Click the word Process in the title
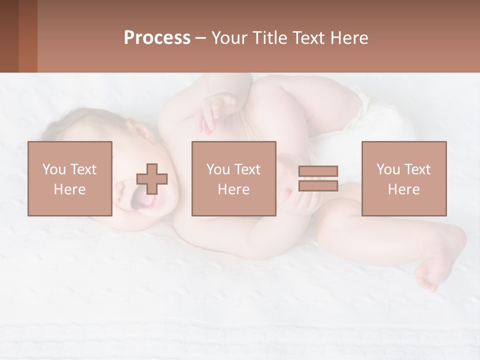tap(157, 37)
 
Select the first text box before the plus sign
tap(70, 178)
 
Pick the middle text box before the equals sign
tap(233, 178)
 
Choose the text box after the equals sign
tap(403, 178)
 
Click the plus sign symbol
tap(152, 179)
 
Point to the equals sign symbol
tap(318, 178)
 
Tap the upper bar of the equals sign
tap(318, 171)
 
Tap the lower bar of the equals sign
tap(318, 185)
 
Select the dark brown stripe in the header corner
tap(9, 36)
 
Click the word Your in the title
tap(228, 37)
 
